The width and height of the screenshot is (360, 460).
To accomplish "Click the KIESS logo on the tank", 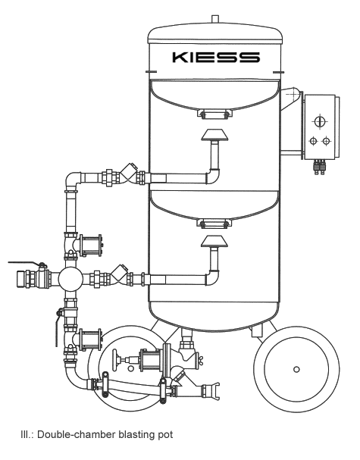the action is (x=216, y=57).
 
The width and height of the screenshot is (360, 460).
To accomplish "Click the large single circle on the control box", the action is (x=320, y=121).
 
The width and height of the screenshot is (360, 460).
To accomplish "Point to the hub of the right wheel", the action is (x=296, y=369).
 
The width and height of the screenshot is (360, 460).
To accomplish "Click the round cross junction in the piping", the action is (x=70, y=278).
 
